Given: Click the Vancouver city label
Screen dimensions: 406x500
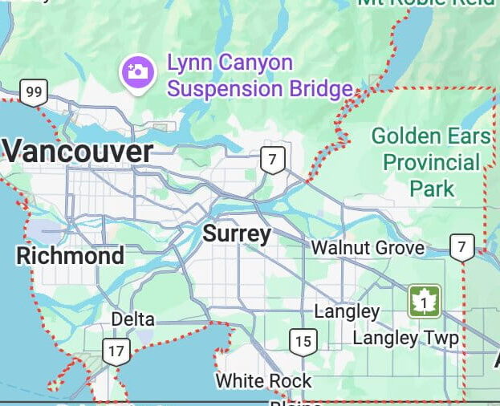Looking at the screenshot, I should (x=78, y=152).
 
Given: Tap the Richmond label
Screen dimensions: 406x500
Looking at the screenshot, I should (x=71, y=256).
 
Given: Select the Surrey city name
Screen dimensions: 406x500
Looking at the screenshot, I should (x=237, y=233).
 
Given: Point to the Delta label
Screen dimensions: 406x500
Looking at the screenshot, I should (x=132, y=319).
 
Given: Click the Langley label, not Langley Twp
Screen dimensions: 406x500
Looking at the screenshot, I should (x=347, y=311).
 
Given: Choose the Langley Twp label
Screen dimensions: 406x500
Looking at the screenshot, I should (x=405, y=338).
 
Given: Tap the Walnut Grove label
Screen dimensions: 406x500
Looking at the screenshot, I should (x=368, y=248).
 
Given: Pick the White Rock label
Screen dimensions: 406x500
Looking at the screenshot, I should (x=263, y=380).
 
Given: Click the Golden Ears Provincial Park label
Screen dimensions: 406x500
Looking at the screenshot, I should (x=431, y=162).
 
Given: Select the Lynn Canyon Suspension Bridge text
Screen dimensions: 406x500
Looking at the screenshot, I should (x=259, y=75).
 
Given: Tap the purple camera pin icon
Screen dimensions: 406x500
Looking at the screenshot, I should (x=137, y=71).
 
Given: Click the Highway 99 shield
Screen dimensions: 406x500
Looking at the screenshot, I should (x=33, y=93).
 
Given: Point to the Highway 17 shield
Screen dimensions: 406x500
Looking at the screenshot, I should (x=116, y=351).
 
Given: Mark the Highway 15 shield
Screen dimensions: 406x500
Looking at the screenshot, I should (x=303, y=342).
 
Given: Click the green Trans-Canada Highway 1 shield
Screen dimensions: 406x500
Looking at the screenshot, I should (x=423, y=302).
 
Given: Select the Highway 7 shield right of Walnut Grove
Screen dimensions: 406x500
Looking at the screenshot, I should (x=461, y=247).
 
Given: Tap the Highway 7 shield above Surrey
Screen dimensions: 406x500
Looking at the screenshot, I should (x=273, y=160).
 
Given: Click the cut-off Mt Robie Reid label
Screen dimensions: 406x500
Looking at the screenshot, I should (x=425, y=2).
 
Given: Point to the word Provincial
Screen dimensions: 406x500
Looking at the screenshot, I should (x=431, y=162).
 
